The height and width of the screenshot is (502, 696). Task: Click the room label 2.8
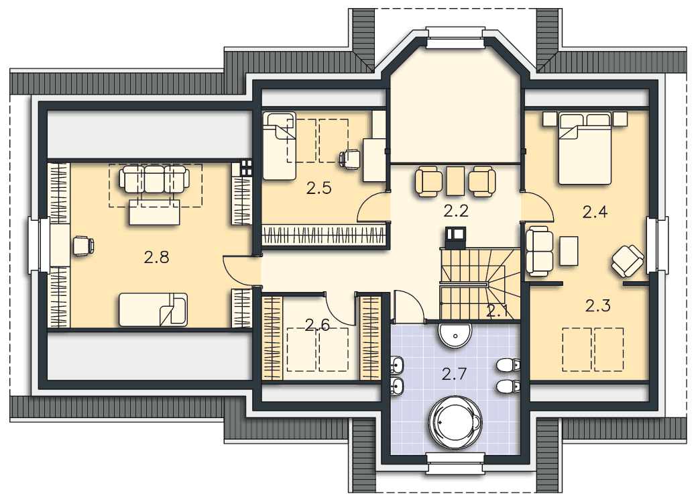pos(156,257)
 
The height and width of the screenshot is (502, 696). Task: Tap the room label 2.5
pos(318,189)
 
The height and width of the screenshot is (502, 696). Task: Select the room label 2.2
pos(456,211)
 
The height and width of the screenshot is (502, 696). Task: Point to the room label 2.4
pos(595,212)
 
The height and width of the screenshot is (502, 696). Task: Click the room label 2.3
pos(598,305)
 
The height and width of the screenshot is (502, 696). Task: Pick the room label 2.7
pos(454,374)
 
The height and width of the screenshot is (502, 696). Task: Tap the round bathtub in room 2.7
pos(455,422)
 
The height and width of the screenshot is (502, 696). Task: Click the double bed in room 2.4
pos(585,148)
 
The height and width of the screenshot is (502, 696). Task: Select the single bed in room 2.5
pos(279,146)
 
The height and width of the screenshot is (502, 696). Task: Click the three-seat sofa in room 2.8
pos(154,179)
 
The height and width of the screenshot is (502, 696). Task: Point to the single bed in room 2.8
pos(153,309)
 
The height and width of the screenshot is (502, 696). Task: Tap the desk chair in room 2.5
pos(350,160)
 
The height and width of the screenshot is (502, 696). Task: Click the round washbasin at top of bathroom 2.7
pos(455,336)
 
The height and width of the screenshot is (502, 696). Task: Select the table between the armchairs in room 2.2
pos(455,181)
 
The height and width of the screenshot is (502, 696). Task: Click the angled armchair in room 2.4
pos(628,261)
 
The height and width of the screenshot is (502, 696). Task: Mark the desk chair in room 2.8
pos(83,246)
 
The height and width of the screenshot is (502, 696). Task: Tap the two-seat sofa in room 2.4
pos(539,252)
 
